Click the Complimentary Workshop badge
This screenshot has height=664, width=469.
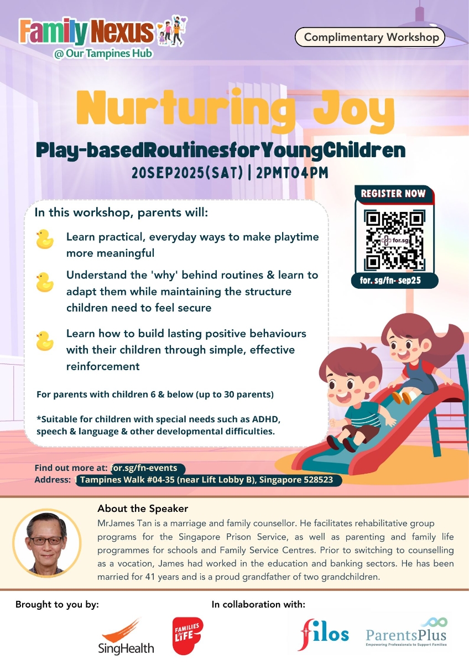370,37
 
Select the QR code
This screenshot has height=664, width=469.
394,240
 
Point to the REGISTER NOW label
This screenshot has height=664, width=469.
393,194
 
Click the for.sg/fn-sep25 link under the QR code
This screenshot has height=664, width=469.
390,281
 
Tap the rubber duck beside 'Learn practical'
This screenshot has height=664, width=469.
45,239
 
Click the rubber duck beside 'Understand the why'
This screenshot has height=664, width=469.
45,282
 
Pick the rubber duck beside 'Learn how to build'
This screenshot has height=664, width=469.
45,341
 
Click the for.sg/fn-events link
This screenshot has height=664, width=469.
144,468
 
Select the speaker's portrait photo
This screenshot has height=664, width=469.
47,542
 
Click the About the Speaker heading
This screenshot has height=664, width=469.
143,509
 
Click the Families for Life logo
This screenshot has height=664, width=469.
187,635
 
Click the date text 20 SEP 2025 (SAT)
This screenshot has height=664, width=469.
187,173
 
